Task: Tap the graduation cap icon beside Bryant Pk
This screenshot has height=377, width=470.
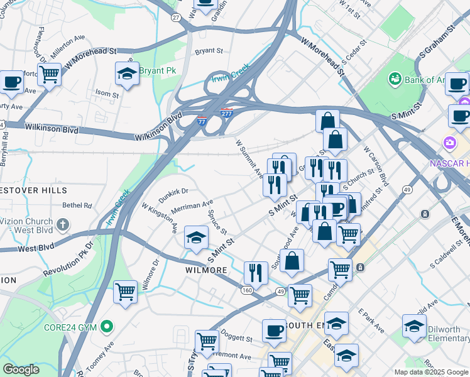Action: click(127, 74)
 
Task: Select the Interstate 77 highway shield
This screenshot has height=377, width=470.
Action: click(201, 119)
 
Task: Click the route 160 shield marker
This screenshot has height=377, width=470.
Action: click(247, 290)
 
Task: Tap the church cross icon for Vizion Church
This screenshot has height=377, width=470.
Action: click(62, 224)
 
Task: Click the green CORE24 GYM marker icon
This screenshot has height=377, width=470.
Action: click(107, 326)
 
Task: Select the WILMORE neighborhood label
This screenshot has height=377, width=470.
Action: click(205, 270)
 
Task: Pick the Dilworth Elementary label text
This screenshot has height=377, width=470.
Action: click(447, 332)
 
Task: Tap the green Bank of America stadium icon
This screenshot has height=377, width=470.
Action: click(395, 79)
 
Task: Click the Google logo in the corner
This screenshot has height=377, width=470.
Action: click(21, 369)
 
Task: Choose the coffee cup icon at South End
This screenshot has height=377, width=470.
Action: click(274, 331)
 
